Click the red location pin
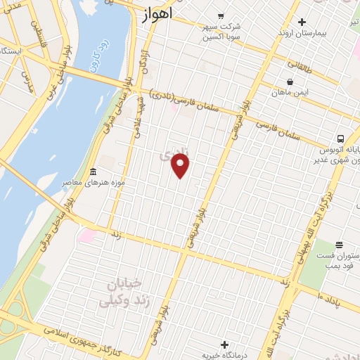point(181,165)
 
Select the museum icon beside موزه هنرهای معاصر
point(93,172)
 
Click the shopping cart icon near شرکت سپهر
point(221,15)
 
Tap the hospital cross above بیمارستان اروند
point(302,22)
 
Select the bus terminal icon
point(340,139)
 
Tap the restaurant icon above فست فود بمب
point(340,244)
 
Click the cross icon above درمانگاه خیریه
point(224,345)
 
